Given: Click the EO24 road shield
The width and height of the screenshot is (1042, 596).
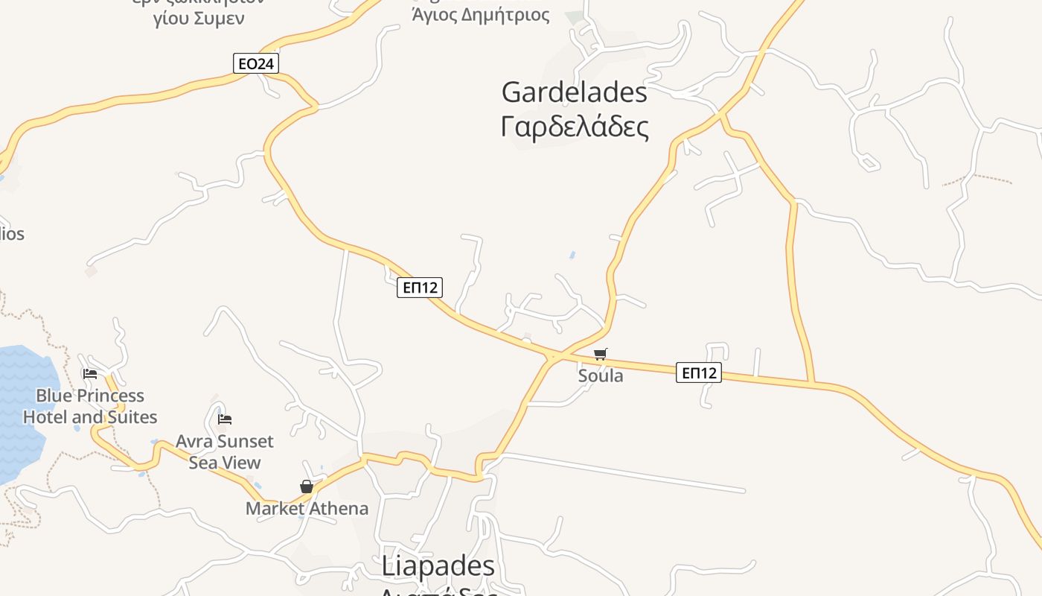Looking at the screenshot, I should [x=255, y=64].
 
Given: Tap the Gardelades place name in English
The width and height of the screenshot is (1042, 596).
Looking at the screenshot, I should [x=574, y=92].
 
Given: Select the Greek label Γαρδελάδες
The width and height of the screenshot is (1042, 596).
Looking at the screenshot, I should [x=575, y=127].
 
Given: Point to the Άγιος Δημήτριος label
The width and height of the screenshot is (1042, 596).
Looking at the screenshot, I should [x=481, y=15].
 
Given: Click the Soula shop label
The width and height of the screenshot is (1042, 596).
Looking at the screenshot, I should [x=601, y=375].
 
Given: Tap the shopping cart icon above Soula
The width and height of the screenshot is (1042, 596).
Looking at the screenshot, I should [x=600, y=354].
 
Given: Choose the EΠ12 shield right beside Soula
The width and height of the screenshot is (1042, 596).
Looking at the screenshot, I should [x=699, y=372].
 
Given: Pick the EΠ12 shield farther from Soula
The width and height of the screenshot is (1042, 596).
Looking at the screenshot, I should [x=420, y=288].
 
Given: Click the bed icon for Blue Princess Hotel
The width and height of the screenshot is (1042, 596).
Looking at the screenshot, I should [x=90, y=374].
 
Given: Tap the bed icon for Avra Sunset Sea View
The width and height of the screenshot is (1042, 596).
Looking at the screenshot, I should [x=225, y=419].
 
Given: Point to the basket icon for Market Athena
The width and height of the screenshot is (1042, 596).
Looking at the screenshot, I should [x=306, y=487].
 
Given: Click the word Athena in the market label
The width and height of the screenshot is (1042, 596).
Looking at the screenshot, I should [x=339, y=509].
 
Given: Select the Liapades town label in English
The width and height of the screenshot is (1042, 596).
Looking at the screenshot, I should [x=438, y=566].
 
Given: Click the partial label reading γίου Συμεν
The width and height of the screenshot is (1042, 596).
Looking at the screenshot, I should [x=199, y=19].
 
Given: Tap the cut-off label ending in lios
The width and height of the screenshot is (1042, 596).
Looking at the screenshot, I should [x=12, y=234].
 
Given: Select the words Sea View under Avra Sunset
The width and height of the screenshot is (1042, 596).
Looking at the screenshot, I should [x=225, y=463].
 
